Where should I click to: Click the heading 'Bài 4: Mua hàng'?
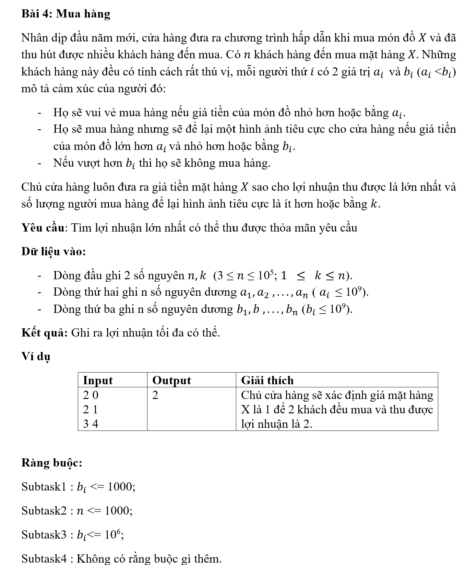click(x=65, y=14)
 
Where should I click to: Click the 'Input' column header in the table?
click(x=98, y=380)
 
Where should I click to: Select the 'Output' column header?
click(x=171, y=380)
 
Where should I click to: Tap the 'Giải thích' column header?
click(x=267, y=380)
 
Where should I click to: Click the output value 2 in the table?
click(x=155, y=395)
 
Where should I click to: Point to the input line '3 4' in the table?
click(x=91, y=424)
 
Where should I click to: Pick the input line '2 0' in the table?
click(x=91, y=395)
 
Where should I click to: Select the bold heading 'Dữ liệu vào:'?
click(x=53, y=251)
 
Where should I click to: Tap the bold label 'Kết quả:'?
click(x=45, y=332)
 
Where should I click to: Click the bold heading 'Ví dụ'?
click(x=36, y=356)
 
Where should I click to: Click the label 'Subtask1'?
click(x=44, y=486)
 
